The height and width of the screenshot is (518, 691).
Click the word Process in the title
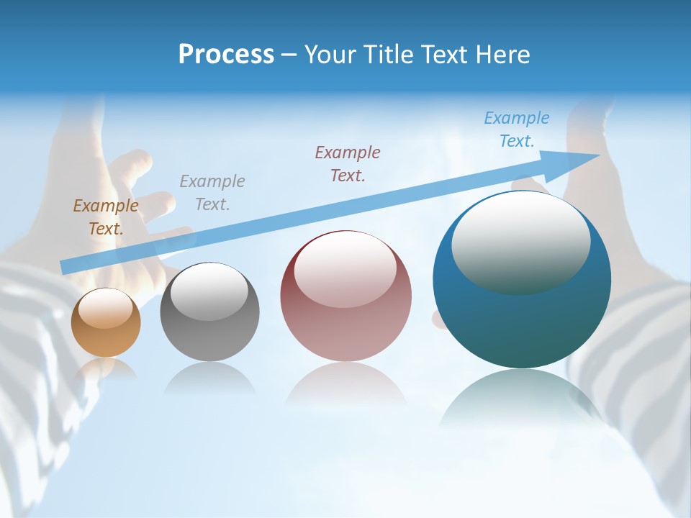[x=226, y=55]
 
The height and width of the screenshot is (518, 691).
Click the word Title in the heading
[x=389, y=55]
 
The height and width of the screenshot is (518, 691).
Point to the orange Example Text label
[x=106, y=217]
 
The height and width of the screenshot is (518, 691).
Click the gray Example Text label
[x=212, y=192]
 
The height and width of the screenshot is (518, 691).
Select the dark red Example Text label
[x=348, y=163]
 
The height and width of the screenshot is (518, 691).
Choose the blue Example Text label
[x=517, y=129]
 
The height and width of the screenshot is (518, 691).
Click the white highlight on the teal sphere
[x=520, y=241]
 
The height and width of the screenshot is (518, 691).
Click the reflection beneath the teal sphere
[x=522, y=403]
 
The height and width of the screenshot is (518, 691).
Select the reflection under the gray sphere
[x=209, y=378]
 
